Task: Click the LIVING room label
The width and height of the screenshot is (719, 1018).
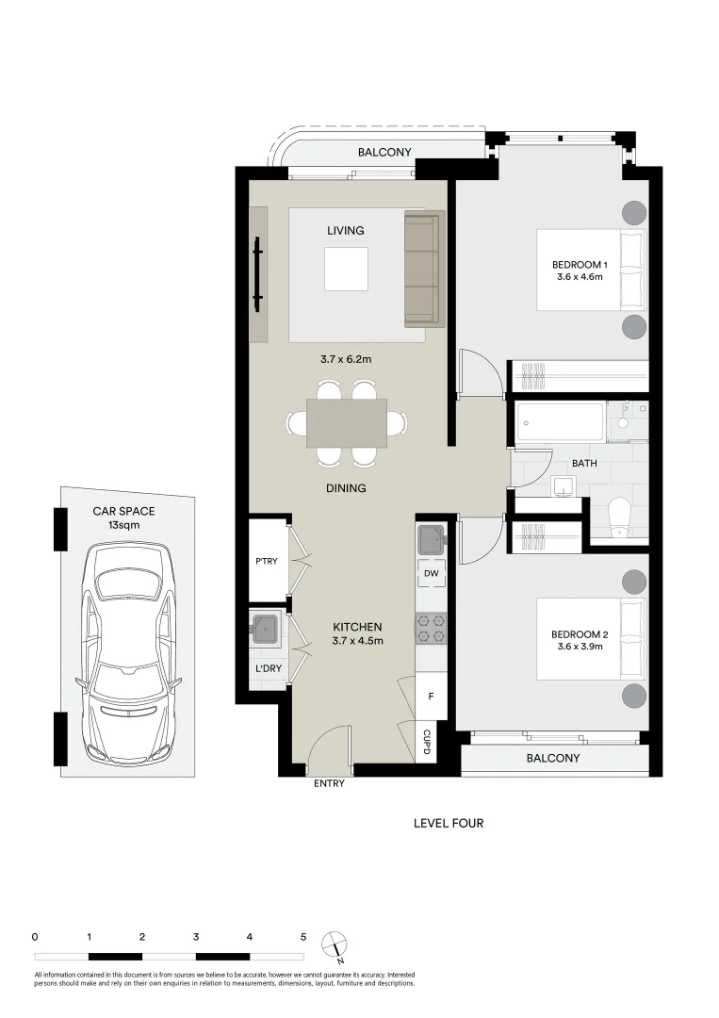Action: (x=345, y=231)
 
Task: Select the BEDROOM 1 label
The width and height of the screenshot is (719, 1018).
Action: (x=579, y=271)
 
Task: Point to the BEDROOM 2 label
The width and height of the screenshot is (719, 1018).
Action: (x=578, y=641)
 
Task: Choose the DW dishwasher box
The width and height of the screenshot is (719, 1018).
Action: (x=432, y=573)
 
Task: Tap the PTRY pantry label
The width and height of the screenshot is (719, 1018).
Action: (x=265, y=561)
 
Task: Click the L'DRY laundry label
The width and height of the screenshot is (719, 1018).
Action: (x=265, y=669)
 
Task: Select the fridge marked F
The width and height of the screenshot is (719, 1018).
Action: (x=431, y=698)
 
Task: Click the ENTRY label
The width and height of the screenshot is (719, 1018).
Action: (x=326, y=784)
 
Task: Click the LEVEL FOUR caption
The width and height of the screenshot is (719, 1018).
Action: (x=449, y=823)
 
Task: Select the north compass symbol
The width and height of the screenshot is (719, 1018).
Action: (x=333, y=945)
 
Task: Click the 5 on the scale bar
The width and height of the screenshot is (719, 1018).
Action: (x=303, y=937)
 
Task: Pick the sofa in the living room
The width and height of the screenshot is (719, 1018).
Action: (x=423, y=271)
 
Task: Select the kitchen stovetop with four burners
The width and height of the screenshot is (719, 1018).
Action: (x=432, y=629)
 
